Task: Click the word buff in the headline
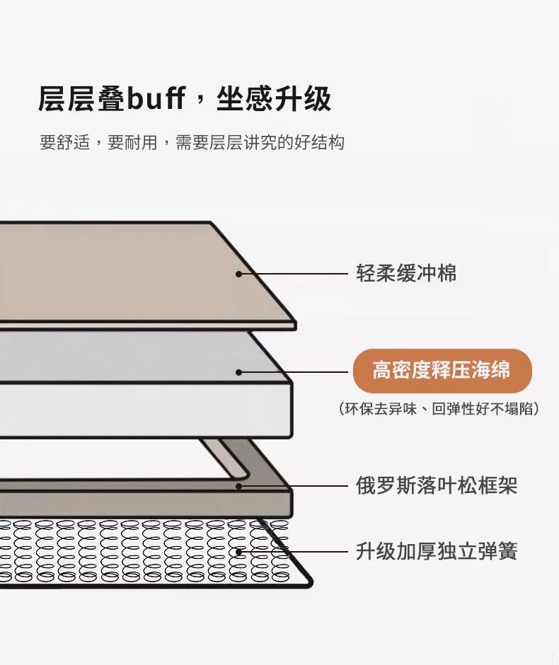click(x=156, y=99)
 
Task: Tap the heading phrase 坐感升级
click(x=274, y=100)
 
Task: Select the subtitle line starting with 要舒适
click(x=192, y=142)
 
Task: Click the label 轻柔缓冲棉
click(x=406, y=273)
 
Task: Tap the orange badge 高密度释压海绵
click(x=442, y=371)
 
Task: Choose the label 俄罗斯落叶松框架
click(x=437, y=485)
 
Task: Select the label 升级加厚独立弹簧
click(x=437, y=551)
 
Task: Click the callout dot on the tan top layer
click(x=238, y=274)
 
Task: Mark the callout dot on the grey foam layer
click(x=238, y=372)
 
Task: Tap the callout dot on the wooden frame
click(x=238, y=486)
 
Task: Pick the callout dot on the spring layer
click(x=238, y=552)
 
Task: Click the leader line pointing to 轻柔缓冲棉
click(x=293, y=274)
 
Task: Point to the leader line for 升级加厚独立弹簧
click(x=293, y=552)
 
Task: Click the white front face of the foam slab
click(x=144, y=410)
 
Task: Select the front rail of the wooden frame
click(x=144, y=504)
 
